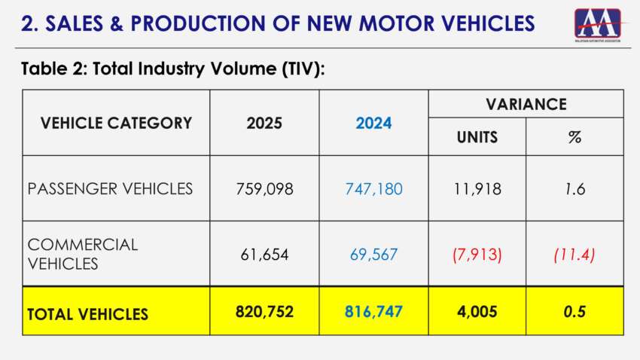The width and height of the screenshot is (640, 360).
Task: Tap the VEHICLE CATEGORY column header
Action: (x=116, y=123)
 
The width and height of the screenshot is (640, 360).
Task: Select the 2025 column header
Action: (x=264, y=123)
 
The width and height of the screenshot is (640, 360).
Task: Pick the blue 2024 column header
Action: (x=373, y=123)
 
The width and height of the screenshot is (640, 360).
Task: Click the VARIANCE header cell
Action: (x=526, y=104)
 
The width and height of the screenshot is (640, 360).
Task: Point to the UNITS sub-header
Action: (x=477, y=137)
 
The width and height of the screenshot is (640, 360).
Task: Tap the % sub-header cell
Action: (x=574, y=137)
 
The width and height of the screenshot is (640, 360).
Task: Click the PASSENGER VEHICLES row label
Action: (x=110, y=188)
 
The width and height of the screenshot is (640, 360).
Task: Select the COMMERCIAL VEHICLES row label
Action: (x=83, y=254)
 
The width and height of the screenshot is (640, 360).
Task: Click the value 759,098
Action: (x=264, y=188)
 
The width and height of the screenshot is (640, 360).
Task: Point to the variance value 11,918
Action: (x=477, y=188)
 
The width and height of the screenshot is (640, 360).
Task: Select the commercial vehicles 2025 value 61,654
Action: (x=264, y=254)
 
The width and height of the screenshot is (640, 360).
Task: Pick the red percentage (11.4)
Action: (x=574, y=254)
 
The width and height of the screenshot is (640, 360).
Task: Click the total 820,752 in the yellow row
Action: (x=264, y=311)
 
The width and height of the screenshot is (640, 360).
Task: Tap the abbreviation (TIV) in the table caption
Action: (x=295, y=69)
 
